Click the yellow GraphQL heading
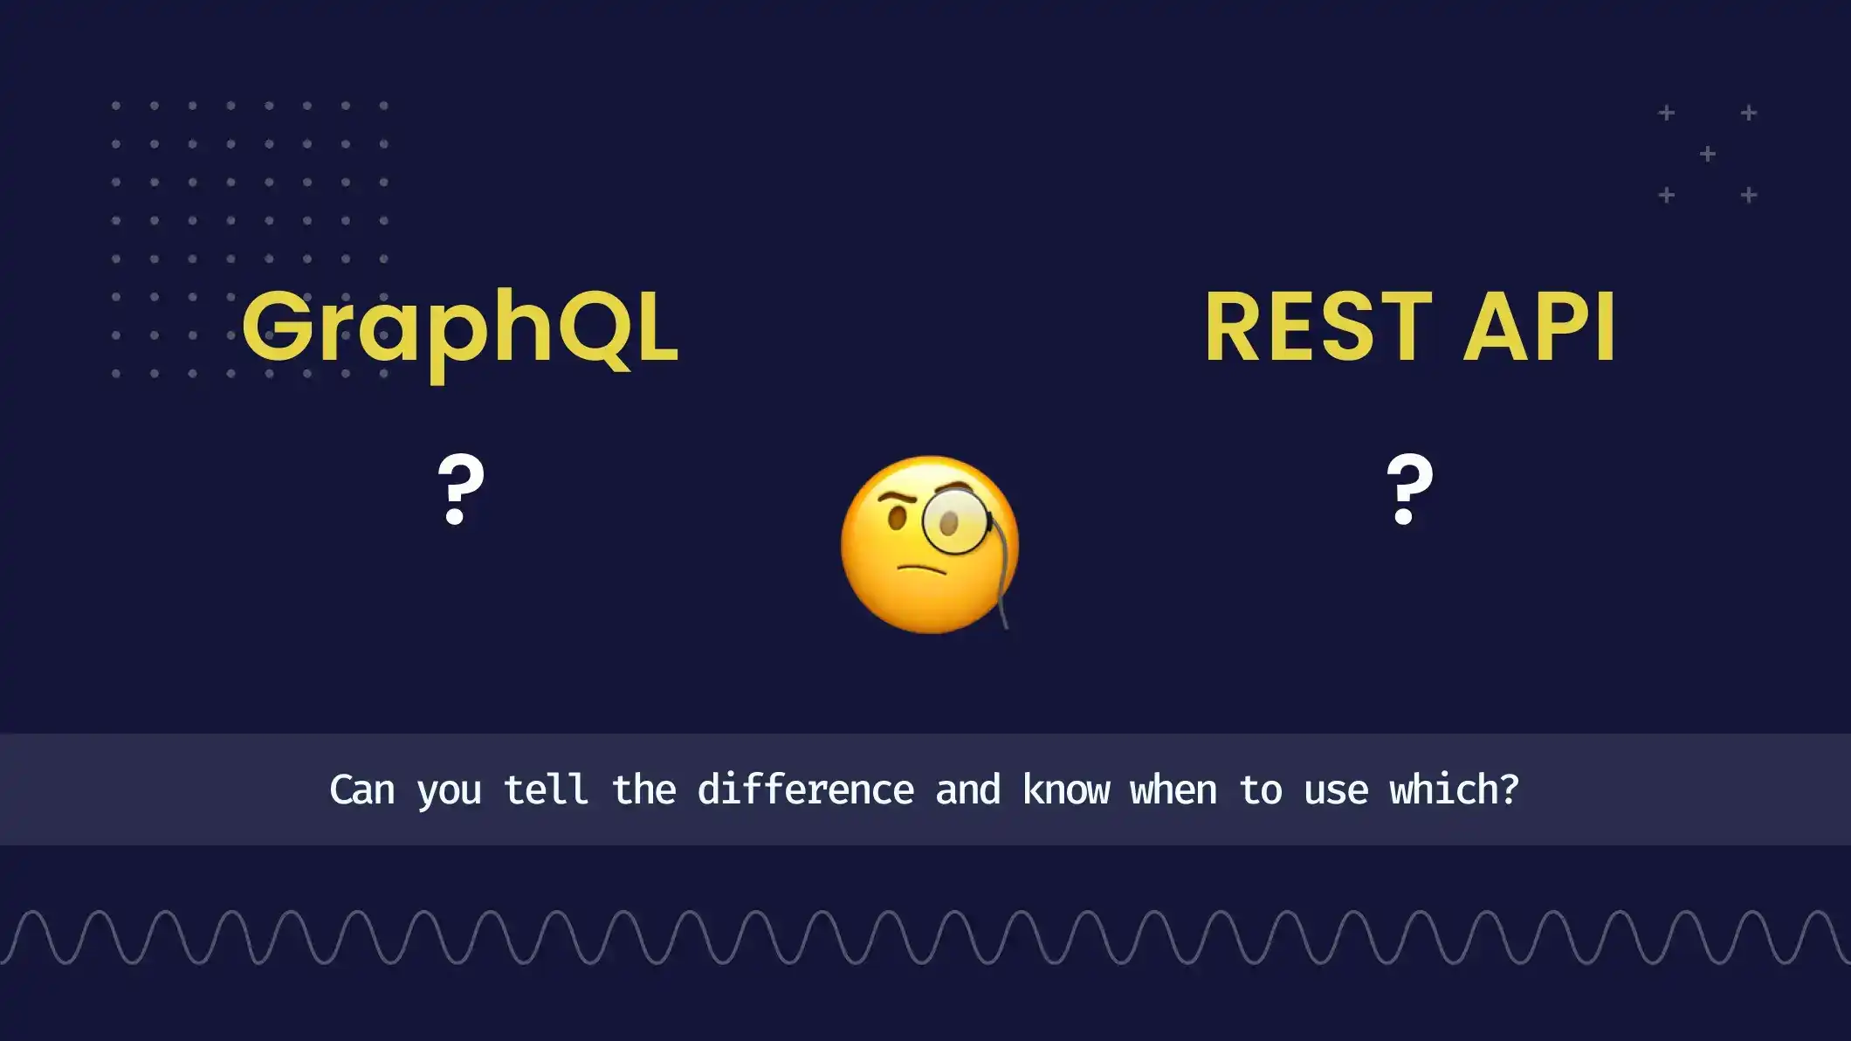[x=460, y=328]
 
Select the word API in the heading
[x=1540, y=327]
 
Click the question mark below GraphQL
[x=460, y=489]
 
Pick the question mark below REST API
[x=1409, y=489]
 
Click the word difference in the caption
[x=805, y=790]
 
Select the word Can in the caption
[x=361, y=790]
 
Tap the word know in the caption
[x=1065, y=790]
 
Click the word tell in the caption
[x=546, y=790]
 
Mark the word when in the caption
[x=1173, y=790]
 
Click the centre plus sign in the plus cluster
[x=1708, y=155]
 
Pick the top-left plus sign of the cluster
[x=1667, y=114]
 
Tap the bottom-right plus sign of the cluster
[x=1749, y=196]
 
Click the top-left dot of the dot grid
[x=116, y=106]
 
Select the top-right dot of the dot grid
[x=384, y=106]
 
